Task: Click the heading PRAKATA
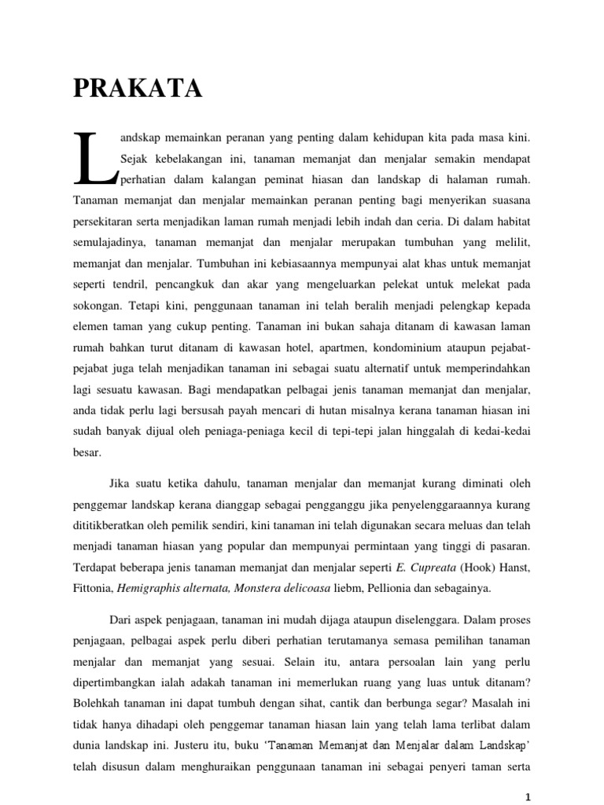tap(138, 89)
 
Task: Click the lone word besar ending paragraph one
tap(87, 453)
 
